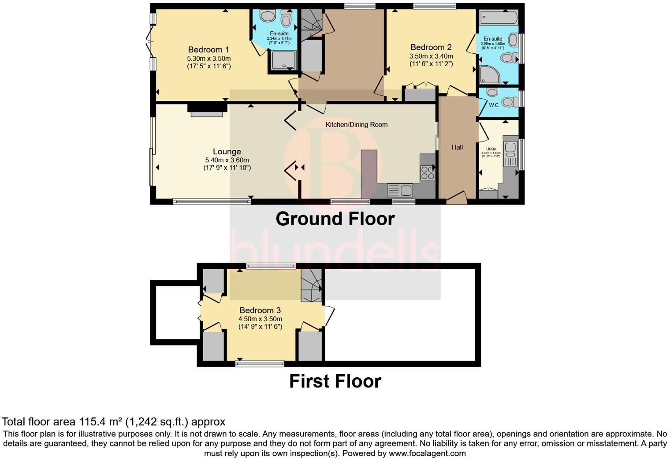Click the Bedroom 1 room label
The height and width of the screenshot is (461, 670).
208,50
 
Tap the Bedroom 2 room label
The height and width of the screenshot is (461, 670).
431,47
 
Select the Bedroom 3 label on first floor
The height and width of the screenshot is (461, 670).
260,310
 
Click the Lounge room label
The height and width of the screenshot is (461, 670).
227,152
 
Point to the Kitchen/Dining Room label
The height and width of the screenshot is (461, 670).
356,125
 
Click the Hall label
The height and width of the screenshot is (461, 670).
457,147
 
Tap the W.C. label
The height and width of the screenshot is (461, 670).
494,105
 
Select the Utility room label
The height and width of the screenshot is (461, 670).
491,149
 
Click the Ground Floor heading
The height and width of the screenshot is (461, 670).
335,219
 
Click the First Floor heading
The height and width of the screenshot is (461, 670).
335,381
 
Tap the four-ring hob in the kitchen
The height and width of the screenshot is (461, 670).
427,172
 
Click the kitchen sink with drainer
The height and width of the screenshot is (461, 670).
400,190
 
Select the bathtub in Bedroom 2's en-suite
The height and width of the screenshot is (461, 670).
499,18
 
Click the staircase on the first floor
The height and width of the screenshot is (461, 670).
312,286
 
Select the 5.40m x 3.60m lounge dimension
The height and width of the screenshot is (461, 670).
227,160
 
